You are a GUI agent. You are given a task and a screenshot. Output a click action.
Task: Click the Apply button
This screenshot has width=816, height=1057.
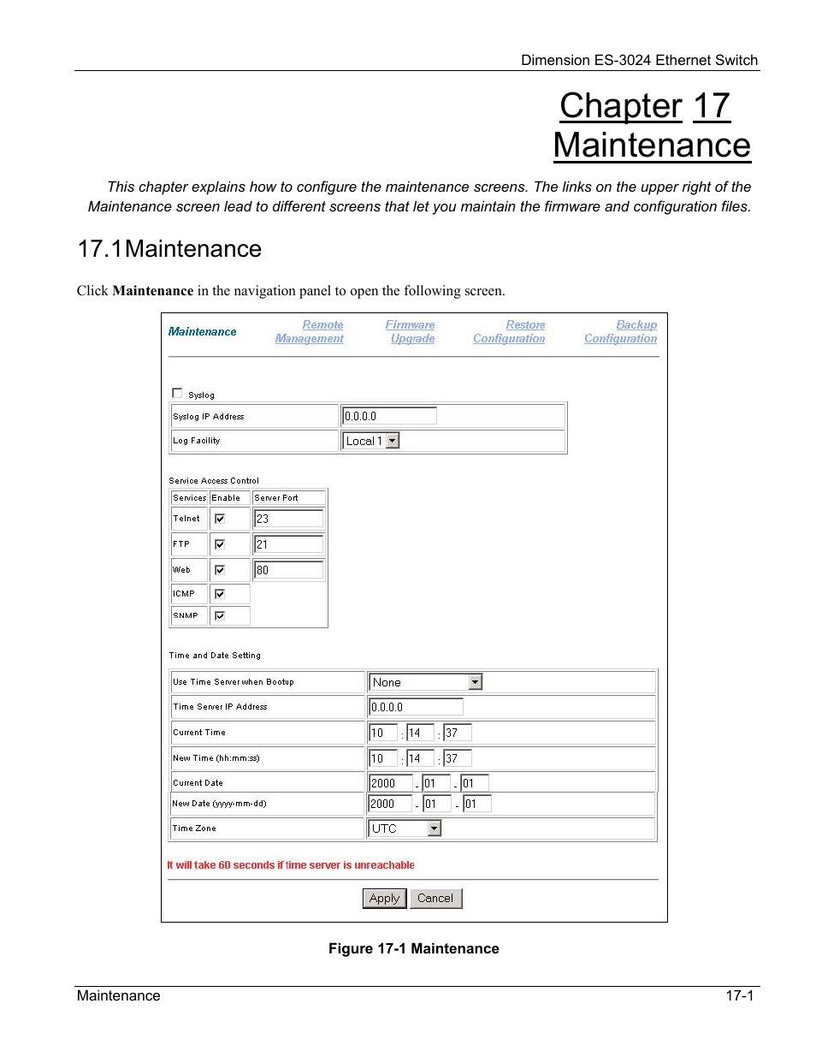point(384,898)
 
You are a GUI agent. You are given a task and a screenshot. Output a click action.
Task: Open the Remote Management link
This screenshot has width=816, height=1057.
point(310,332)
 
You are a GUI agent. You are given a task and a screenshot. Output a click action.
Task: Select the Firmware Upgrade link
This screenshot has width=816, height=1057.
point(411,332)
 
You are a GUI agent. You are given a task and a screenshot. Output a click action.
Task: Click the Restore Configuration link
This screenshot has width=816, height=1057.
point(510,332)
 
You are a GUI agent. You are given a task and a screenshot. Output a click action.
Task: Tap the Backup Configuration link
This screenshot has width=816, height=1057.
point(621,332)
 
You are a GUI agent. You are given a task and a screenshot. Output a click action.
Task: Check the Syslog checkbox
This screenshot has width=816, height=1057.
point(177,394)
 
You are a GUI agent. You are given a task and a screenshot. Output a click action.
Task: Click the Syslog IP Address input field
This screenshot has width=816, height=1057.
point(389,416)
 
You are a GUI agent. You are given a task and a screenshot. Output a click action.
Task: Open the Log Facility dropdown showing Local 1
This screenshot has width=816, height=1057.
point(371,441)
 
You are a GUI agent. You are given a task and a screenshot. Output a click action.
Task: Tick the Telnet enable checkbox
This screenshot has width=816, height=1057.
point(220,519)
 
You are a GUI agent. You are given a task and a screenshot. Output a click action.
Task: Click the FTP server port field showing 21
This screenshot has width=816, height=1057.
point(288,544)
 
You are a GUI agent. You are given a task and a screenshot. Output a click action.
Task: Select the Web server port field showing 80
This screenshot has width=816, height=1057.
point(288,570)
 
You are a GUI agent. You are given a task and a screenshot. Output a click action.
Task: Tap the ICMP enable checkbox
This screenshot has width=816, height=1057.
point(220,594)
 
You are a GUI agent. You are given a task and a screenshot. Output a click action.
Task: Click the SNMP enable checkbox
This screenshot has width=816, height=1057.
point(220,616)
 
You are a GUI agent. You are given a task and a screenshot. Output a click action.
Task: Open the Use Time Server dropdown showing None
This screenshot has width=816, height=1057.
point(426,682)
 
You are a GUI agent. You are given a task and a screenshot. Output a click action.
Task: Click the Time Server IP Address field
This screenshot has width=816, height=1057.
point(416,707)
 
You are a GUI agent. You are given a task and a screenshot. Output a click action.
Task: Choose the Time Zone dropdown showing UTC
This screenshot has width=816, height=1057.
point(405,828)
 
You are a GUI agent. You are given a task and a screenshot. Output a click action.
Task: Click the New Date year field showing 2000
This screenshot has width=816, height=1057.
point(390,804)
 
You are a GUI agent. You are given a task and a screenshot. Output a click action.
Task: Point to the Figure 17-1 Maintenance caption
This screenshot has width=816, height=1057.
point(414,948)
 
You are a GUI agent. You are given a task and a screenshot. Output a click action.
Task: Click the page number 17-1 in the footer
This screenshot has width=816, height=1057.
point(740,995)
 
